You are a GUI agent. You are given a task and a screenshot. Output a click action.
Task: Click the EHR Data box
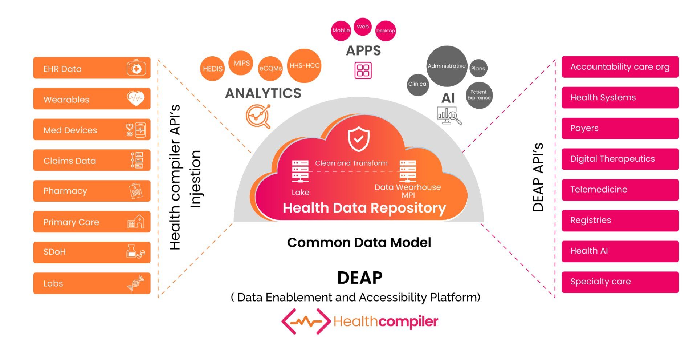[91, 68]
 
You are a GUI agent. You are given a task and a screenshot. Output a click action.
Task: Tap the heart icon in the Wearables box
[136, 98]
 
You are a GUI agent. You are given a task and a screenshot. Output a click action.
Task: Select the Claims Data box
[91, 160]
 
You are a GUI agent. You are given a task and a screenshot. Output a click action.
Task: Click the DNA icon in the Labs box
[136, 283]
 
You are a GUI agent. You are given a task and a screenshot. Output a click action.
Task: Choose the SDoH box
[91, 252]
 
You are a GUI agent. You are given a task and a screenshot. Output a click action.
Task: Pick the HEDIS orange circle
[212, 69]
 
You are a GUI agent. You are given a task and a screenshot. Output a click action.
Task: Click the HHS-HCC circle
[304, 66]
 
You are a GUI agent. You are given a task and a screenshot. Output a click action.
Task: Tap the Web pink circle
[362, 27]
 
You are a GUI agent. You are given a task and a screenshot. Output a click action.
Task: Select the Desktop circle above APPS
[385, 31]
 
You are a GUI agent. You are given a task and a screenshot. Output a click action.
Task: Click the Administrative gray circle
[446, 66]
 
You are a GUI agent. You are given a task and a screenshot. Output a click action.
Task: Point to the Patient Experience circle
[479, 95]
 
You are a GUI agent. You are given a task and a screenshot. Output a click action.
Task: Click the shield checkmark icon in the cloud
[359, 139]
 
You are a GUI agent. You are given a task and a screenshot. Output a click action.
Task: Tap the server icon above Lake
[300, 171]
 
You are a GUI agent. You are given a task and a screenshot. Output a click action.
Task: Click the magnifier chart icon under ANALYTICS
[258, 116]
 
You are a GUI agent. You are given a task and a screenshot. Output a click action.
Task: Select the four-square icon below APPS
[363, 70]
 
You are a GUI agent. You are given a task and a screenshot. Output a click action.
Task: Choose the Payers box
[620, 128]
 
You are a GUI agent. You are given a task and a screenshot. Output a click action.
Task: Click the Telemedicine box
[620, 190]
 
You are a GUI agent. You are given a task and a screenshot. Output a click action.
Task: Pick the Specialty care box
[620, 282]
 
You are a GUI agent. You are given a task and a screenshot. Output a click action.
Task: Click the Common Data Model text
[359, 243]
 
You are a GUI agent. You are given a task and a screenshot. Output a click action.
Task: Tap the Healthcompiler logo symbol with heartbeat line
[306, 321]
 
